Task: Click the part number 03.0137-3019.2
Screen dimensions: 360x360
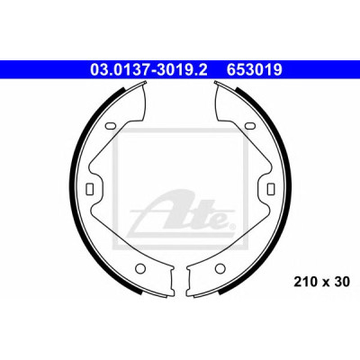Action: (x=148, y=70)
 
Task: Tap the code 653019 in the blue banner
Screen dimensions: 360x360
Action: (x=255, y=70)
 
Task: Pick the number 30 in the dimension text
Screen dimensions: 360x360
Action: (x=343, y=282)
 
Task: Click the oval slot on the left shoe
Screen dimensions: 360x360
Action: (x=110, y=126)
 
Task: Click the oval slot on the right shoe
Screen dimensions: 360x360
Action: (x=249, y=126)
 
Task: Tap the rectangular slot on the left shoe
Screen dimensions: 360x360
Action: (x=90, y=188)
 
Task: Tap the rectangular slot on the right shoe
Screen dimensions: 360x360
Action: (x=270, y=188)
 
